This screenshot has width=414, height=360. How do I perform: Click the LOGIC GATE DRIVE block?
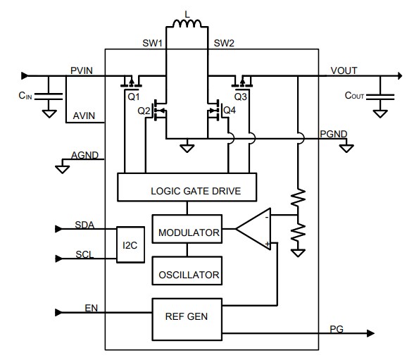(x=186, y=190)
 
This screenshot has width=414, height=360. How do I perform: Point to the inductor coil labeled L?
(x=187, y=27)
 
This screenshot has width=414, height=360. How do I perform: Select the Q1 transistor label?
(x=134, y=95)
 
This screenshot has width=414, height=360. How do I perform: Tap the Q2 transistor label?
(x=144, y=111)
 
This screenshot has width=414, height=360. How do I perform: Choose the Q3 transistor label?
(x=241, y=95)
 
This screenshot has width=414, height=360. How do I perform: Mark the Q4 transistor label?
(x=229, y=111)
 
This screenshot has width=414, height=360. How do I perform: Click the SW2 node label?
(x=225, y=44)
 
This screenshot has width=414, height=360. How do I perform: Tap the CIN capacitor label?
(x=25, y=95)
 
